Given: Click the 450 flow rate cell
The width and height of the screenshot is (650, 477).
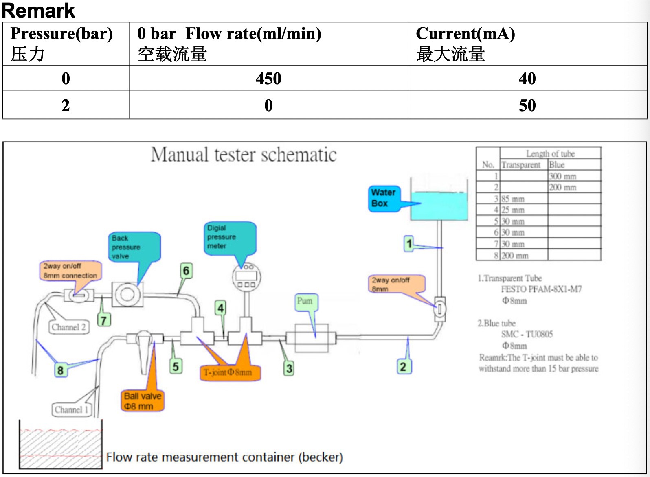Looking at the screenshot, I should pos(268,78).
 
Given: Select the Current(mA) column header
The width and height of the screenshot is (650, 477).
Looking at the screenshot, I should pos(465,34).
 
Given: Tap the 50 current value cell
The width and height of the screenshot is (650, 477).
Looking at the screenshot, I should pos(527,105).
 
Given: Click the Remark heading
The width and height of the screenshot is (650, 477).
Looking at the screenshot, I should pos(38,11).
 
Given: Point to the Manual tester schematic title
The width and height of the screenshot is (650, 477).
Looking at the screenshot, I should pos(244,155).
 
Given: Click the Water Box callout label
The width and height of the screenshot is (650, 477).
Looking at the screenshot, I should pos(384,198).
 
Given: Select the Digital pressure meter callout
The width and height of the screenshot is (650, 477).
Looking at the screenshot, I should pos(229,237).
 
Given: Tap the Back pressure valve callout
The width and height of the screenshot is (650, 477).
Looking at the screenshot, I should pos(134,247).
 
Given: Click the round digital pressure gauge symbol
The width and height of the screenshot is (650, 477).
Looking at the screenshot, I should pos(246,277).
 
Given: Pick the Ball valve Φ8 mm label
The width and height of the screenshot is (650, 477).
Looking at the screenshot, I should pos(143,401).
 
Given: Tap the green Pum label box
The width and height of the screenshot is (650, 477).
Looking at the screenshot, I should pos(305,302).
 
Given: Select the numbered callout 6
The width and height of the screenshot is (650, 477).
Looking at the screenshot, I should pos(186,271).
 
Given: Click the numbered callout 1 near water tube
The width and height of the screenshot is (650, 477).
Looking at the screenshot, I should pos(409,244).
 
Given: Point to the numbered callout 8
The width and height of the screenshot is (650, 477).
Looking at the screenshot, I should pos(60,370).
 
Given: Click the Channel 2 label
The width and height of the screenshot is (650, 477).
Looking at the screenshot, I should pos(68,327).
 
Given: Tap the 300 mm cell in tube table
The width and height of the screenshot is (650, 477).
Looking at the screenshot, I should pos(562,176).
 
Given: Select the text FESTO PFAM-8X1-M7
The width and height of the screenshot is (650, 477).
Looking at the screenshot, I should pos(541,289).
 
